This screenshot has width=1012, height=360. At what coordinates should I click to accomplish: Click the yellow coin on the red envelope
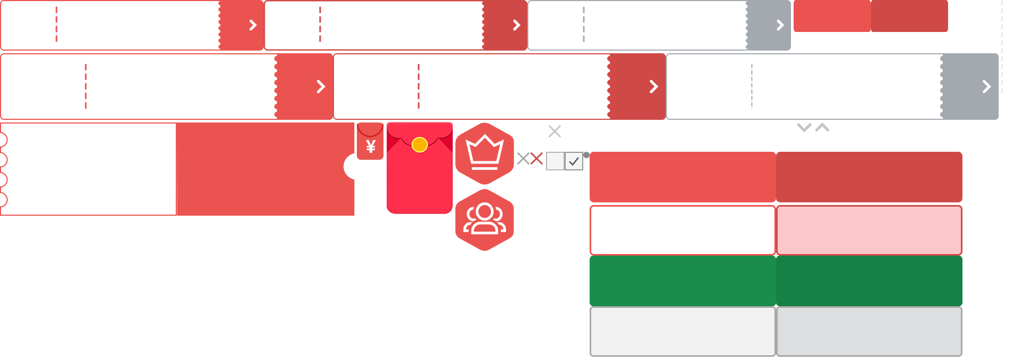point(420,144)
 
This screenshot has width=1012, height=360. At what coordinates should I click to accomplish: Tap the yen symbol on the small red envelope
point(371,146)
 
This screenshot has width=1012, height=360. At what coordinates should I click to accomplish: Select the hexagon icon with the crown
point(485,153)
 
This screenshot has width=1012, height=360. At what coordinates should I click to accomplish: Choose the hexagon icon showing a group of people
point(485,219)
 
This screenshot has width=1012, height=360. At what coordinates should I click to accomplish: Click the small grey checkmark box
point(574,161)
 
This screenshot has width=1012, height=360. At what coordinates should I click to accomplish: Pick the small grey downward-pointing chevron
point(804,127)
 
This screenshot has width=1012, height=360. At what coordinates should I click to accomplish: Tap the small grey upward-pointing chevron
point(822,127)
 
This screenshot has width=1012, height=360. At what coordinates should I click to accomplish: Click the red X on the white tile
point(536,159)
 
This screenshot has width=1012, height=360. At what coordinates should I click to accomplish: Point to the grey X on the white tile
point(524,159)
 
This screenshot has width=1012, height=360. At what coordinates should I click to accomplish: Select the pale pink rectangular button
point(869,230)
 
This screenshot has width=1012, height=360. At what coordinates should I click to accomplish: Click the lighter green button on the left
point(682,281)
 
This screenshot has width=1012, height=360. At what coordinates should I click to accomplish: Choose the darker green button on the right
point(869,281)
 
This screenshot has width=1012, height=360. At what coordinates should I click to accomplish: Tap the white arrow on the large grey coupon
point(986,87)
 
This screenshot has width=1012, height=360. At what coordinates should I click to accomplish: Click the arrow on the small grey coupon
point(780,25)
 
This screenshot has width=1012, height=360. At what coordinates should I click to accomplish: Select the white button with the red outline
point(682,230)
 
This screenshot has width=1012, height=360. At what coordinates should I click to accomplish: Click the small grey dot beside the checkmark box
point(586,155)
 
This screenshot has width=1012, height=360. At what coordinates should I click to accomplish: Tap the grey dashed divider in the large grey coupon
point(752,86)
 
